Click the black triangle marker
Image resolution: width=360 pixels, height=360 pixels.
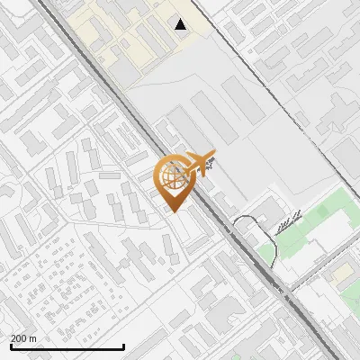181,24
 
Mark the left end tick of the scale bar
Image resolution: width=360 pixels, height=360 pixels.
11,346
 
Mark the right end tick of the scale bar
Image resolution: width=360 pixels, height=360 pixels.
123,346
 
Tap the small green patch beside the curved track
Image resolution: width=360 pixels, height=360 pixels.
267,254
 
